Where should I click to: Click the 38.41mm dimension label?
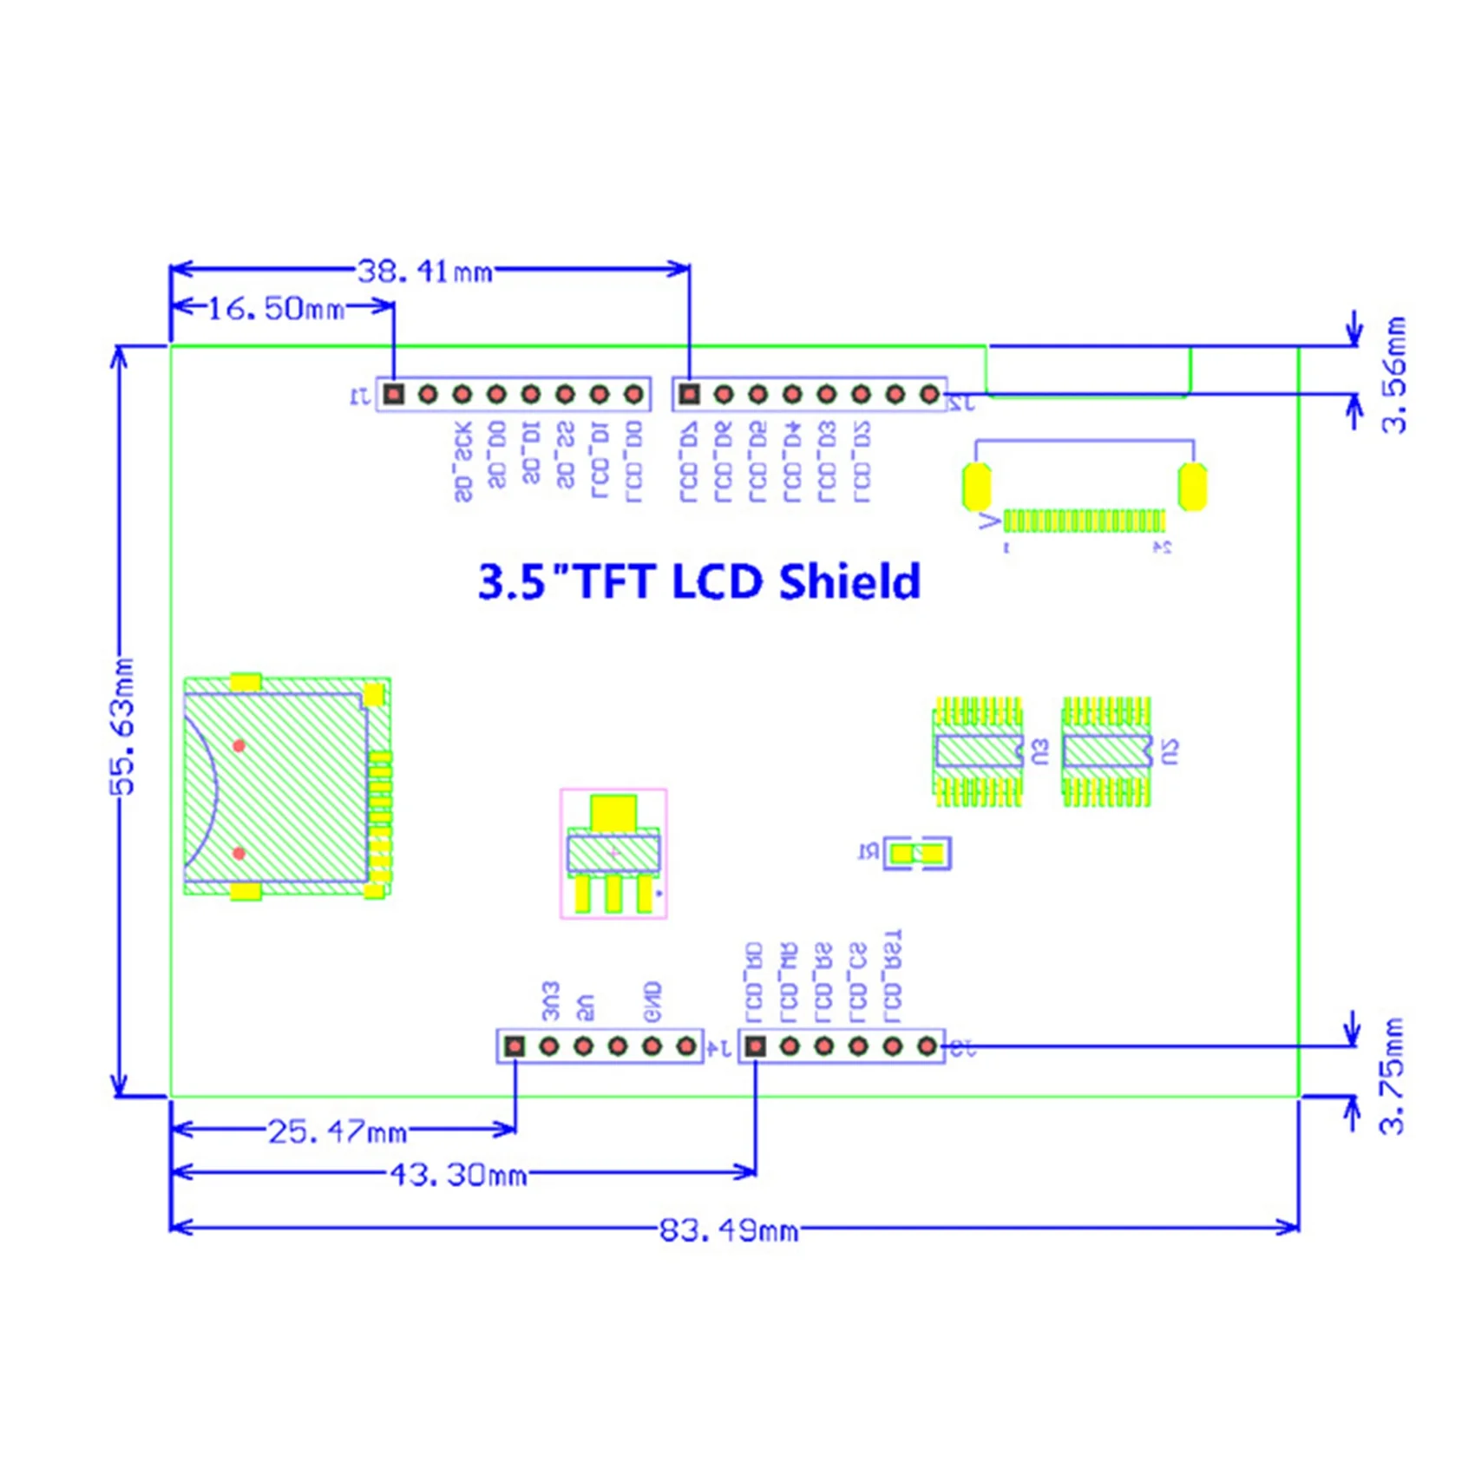pyautogui.click(x=425, y=272)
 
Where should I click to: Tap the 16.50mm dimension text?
pyautogui.click(x=276, y=308)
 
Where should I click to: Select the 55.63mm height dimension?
pyautogui.click(x=124, y=726)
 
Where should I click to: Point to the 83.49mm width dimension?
pyautogui.click(x=728, y=1230)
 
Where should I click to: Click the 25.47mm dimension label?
pyautogui.click(x=337, y=1131)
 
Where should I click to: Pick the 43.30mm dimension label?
pyautogui.click(x=457, y=1175)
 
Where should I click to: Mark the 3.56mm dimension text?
pyautogui.click(x=1393, y=375)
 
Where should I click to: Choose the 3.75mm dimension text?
pyautogui.click(x=1392, y=1076)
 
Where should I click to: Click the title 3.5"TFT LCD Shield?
pyautogui.click(x=699, y=582)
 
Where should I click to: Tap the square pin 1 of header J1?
pyautogui.click(x=394, y=395)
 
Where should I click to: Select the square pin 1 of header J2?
pyautogui.click(x=689, y=395)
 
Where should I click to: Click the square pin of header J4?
pyautogui.click(x=515, y=1046)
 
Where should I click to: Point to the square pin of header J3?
pyautogui.click(x=756, y=1046)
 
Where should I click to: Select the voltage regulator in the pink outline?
pyautogui.click(x=613, y=854)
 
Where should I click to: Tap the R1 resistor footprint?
pyautogui.click(x=917, y=854)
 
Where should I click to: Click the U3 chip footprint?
pyautogui.click(x=978, y=751)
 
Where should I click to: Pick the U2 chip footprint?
pyautogui.click(x=1106, y=751)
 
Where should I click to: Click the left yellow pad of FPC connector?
pyautogui.click(x=977, y=487)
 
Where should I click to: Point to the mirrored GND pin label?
pyautogui.click(x=652, y=1002)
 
